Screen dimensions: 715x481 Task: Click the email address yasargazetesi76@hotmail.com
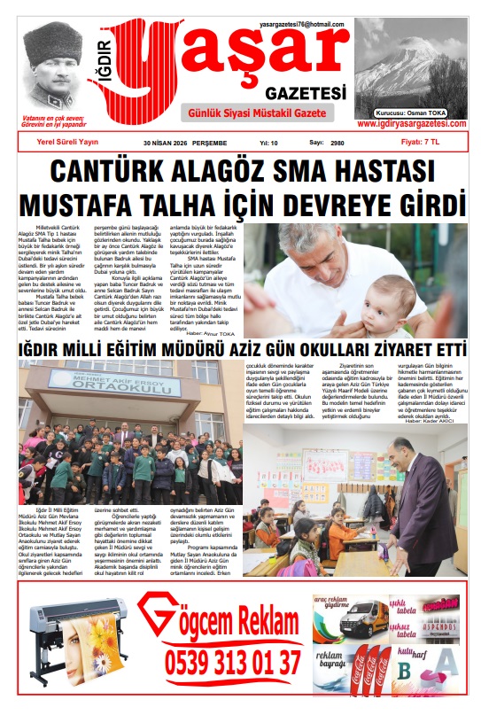(303, 24)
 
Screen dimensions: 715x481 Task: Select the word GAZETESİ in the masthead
(300, 93)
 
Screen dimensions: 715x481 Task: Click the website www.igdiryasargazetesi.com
(412, 124)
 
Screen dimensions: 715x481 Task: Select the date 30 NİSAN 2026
(172, 142)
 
